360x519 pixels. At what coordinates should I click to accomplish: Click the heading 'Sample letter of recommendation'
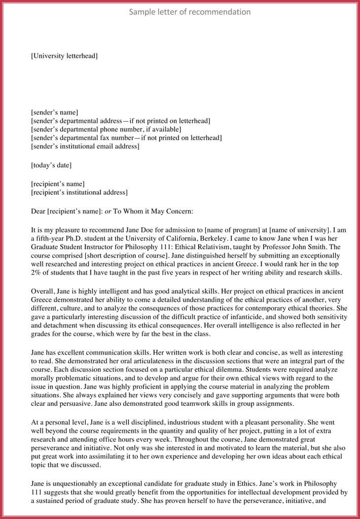(x=190, y=12)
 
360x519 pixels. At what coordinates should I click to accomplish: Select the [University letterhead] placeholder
(x=64, y=56)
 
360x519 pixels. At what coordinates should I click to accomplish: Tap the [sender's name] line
(x=54, y=112)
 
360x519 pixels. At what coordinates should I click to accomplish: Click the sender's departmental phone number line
(x=106, y=129)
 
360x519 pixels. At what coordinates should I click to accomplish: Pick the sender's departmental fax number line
(x=126, y=138)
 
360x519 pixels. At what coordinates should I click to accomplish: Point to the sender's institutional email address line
(x=85, y=147)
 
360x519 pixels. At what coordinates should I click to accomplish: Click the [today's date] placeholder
(x=51, y=165)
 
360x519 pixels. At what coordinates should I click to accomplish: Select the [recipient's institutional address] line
(x=79, y=192)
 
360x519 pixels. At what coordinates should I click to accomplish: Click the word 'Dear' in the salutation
(x=39, y=211)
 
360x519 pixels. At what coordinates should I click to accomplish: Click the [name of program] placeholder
(x=226, y=229)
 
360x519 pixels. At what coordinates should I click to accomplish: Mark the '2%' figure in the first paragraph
(x=36, y=273)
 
